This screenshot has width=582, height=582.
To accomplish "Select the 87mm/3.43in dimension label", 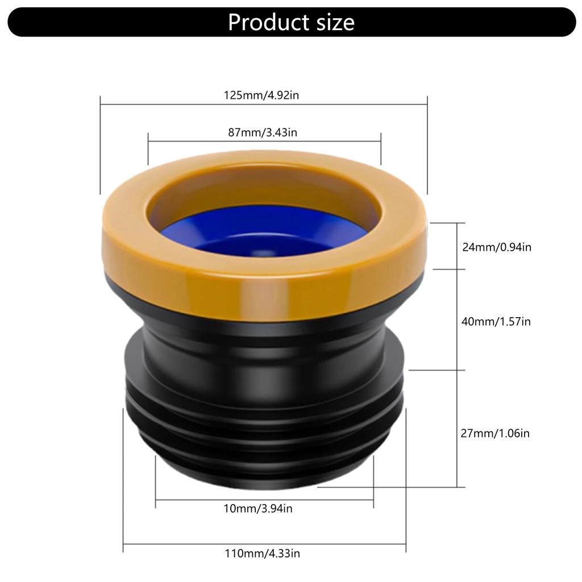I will click(263, 132).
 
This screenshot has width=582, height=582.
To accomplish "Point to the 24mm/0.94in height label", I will click(496, 247).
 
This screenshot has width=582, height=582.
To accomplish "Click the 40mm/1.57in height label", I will click(496, 322).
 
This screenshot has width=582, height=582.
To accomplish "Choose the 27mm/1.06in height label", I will click(495, 433).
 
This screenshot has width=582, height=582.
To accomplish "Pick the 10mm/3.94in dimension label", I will click(258, 509).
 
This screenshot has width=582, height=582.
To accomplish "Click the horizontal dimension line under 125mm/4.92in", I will click(263, 104).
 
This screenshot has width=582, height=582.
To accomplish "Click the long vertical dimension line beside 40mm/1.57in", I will click(457, 352).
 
